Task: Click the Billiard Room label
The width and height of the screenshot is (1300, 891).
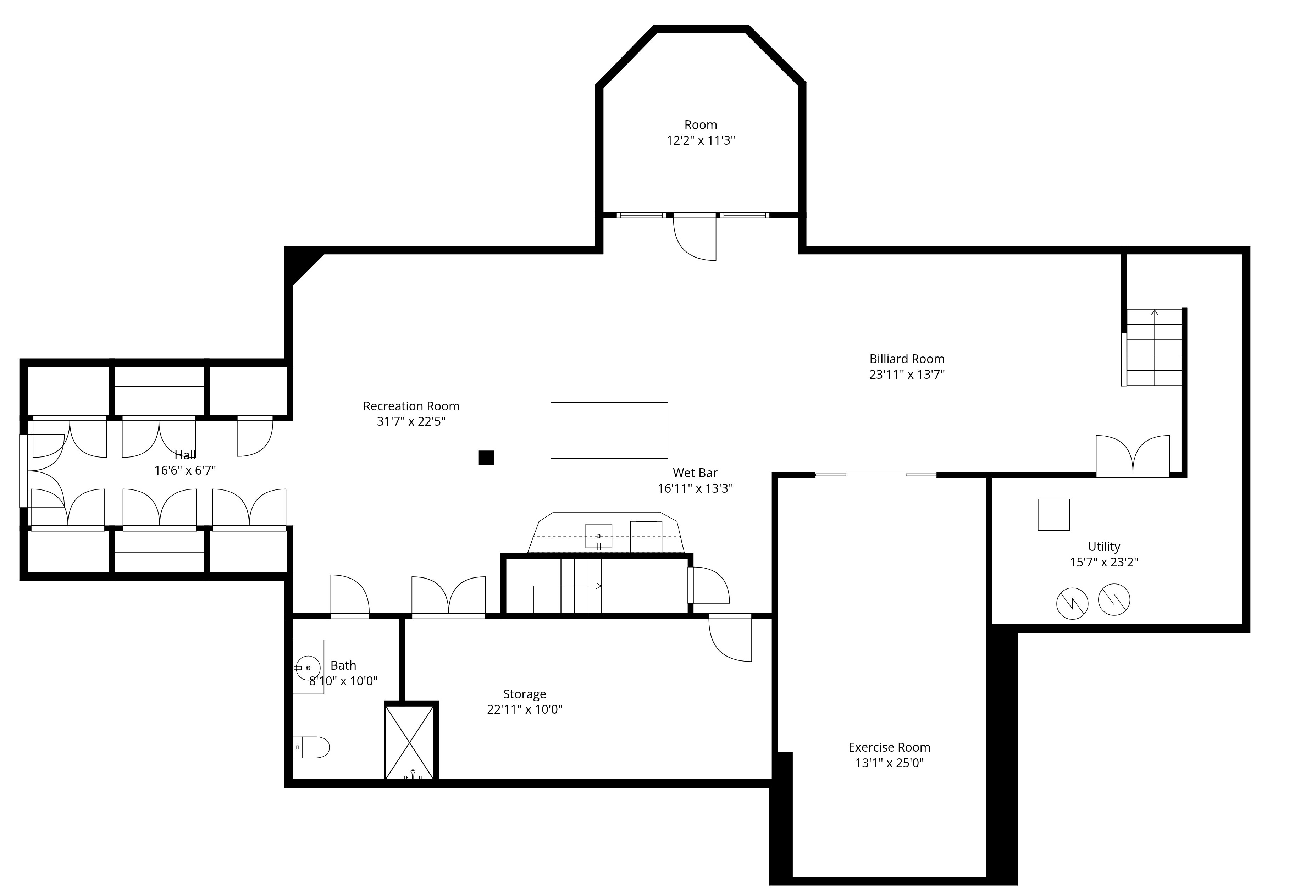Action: pos(906,359)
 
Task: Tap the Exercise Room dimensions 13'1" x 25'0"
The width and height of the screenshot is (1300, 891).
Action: pos(889,763)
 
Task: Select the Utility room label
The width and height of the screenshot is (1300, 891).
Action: pos(1103,547)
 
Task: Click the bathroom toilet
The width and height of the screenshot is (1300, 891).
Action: pos(311,747)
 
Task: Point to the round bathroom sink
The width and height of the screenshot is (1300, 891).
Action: pos(308,668)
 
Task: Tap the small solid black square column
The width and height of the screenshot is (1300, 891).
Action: pos(486,458)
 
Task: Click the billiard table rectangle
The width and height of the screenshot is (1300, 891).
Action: pos(609,430)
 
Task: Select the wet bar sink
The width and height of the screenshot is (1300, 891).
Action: pos(598,536)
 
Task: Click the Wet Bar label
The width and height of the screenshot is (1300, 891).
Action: pos(695,473)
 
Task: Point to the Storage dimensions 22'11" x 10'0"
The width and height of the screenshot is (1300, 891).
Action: pos(525,709)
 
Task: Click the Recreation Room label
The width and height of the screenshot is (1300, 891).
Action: pos(411,406)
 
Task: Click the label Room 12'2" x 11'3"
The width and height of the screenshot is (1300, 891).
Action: pos(700,133)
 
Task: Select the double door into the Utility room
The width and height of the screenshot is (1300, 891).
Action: pos(1133,456)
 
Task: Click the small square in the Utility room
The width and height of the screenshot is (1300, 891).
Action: pos(1054,515)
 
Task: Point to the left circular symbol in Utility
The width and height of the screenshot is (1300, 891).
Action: pos(1072,603)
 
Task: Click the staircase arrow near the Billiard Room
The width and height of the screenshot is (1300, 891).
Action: pos(1155,347)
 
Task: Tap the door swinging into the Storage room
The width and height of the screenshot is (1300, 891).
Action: pos(730,638)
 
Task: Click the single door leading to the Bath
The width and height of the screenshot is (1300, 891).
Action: pos(350,596)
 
